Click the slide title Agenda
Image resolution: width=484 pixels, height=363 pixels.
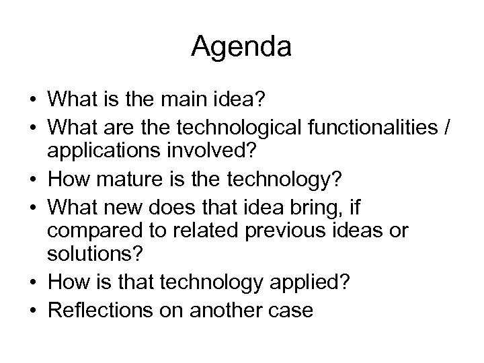click(241, 47)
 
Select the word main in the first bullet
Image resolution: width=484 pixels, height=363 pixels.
click(185, 102)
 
